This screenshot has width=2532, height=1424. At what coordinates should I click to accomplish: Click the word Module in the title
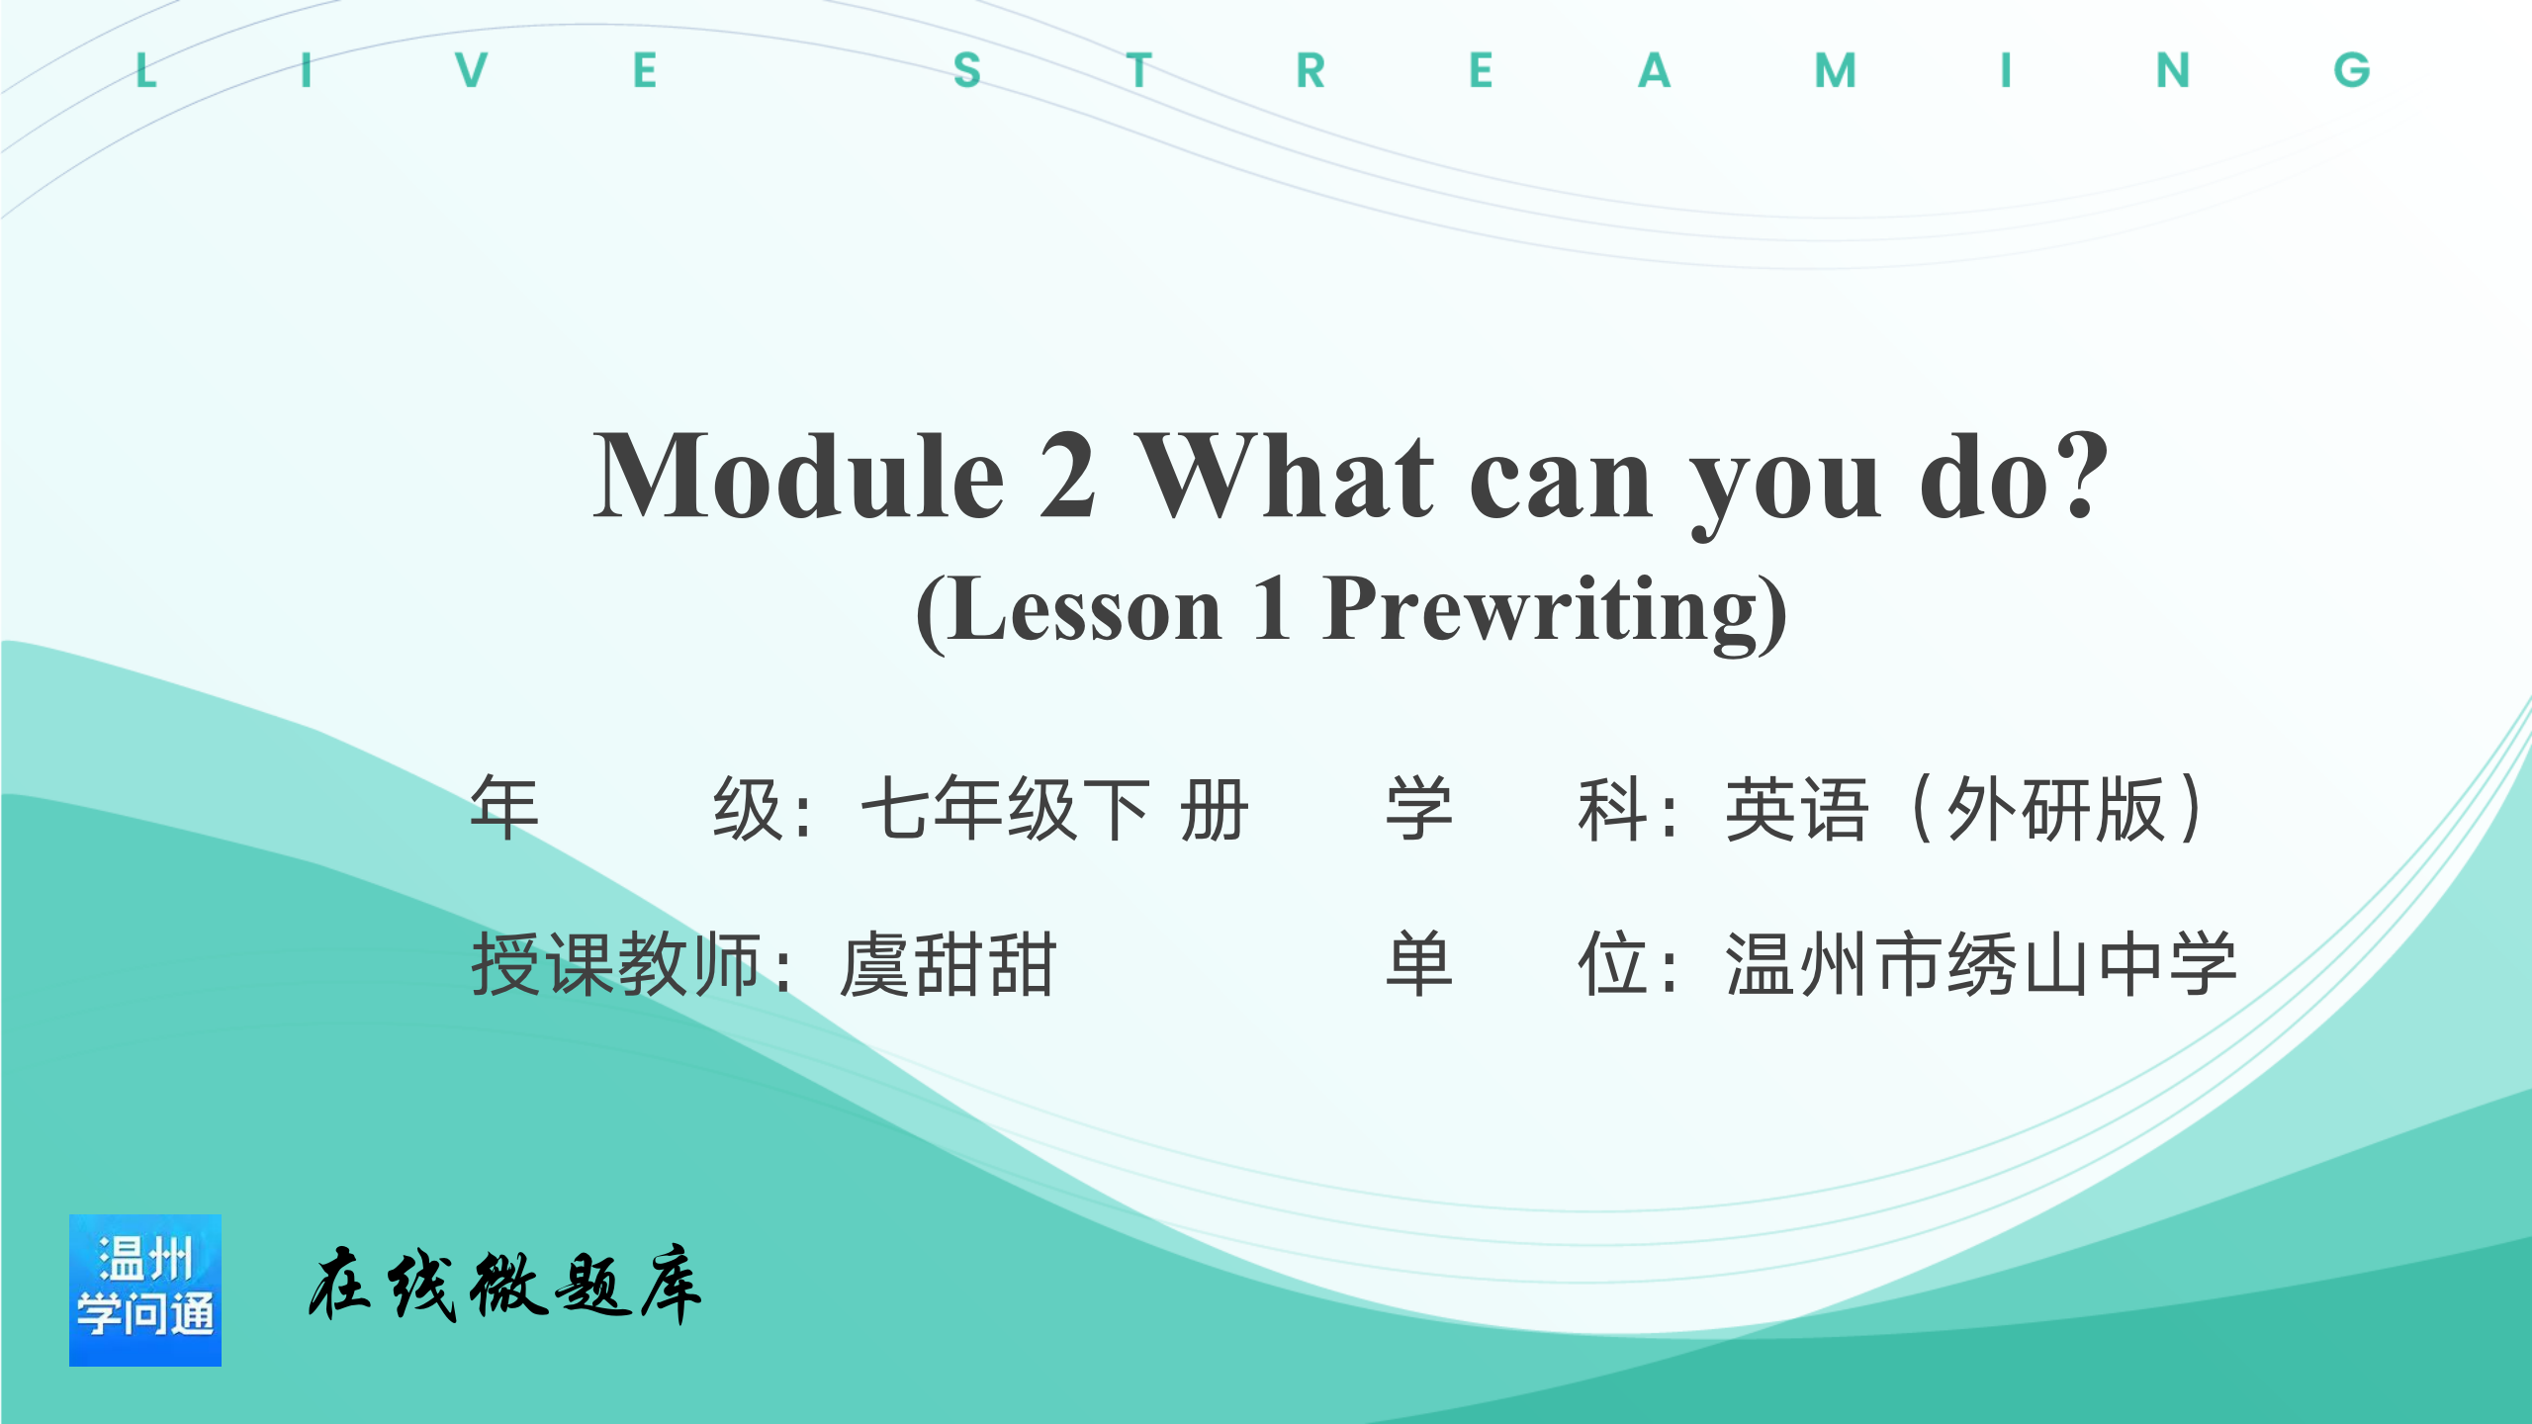[799, 477]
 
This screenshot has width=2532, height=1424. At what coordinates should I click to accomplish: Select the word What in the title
[1284, 477]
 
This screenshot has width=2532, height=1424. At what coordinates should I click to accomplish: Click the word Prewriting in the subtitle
[1543, 611]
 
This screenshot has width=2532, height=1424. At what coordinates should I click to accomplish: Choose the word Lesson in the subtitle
[1086, 609]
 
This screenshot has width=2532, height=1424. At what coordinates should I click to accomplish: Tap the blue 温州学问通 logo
[145, 1290]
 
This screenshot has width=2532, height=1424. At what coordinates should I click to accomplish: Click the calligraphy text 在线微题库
[504, 1285]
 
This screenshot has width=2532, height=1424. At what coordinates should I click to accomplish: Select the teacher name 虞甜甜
[948, 965]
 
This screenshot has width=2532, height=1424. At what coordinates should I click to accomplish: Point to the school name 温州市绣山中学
[1981, 965]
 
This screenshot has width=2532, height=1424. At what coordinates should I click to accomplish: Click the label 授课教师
[616, 965]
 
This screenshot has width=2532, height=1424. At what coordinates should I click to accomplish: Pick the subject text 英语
[1797, 809]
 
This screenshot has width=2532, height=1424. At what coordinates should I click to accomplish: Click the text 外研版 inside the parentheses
[2056, 809]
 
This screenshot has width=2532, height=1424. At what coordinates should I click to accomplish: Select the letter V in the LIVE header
[472, 70]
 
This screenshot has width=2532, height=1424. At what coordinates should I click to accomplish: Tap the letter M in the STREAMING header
[1836, 70]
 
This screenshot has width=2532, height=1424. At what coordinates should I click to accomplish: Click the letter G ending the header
[2352, 70]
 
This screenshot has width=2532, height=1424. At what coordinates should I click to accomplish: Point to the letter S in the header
[967, 70]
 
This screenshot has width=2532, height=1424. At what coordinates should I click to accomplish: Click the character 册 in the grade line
[1215, 809]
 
